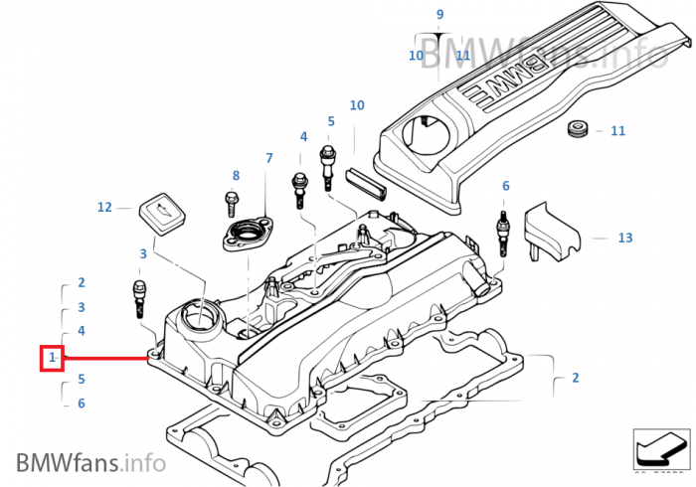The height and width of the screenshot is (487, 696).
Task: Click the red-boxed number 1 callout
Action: point(52,356)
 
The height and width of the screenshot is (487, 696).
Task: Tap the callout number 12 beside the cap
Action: point(104,207)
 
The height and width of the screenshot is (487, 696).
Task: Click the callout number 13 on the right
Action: point(624,238)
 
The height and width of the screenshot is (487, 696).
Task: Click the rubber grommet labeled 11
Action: point(576,129)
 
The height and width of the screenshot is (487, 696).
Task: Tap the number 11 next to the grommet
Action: point(617,130)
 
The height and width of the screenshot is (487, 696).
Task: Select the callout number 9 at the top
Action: point(439,14)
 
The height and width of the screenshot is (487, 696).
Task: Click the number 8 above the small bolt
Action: point(236,176)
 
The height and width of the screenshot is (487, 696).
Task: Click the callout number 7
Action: point(268,158)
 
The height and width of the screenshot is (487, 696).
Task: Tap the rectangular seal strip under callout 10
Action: point(369,183)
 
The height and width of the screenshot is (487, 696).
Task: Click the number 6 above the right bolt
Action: point(505,186)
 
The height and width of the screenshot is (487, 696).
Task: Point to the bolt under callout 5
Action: point(326,167)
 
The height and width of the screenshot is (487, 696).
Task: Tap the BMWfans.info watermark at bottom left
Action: point(90,462)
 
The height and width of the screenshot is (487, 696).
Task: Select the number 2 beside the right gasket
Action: point(575,378)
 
